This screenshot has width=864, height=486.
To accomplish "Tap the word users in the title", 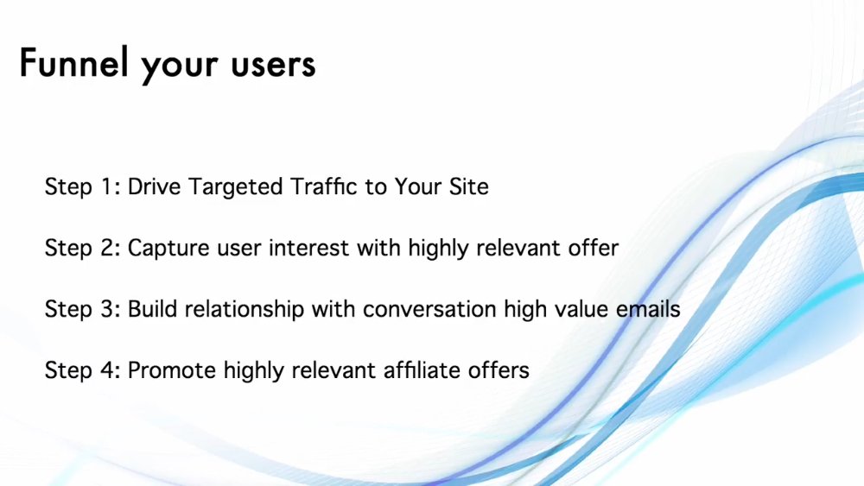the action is tap(273, 65).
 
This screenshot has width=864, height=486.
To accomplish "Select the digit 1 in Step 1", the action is tap(107, 186).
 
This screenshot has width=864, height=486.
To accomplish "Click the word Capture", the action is tap(168, 249).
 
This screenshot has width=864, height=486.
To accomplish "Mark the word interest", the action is tap(308, 248).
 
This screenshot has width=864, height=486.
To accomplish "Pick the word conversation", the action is tap(429, 309).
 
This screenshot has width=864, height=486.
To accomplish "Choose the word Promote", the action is tap(172, 369).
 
